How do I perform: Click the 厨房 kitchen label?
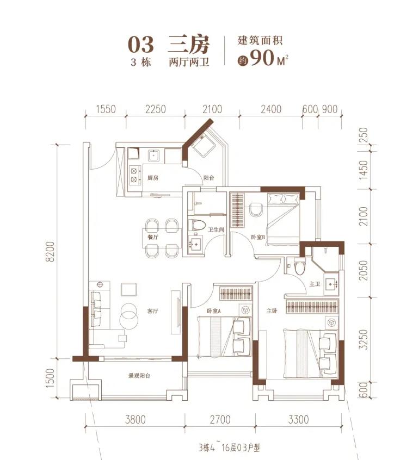[x=153, y=178]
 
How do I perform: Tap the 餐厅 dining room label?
[x=153, y=237]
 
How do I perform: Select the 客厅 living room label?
[x=153, y=311]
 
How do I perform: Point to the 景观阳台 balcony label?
[x=139, y=376]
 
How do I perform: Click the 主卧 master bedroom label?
[x=272, y=310]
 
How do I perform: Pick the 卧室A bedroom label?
[x=214, y=311]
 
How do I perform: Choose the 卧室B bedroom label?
[x=258, y=237]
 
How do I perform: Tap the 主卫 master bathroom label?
[x=315, y=284]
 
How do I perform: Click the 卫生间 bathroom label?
[x=216, y=229]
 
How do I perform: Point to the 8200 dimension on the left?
[x=50, y=251]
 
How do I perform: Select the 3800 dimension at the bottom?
[x=136, y=420]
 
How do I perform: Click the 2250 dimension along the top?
[x=156, y=109]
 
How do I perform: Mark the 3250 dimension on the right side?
[x=364, y=339]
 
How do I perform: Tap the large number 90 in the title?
[x=262, y=58]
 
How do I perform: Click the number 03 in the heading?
[x=141, y=45]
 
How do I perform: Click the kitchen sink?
[x=154, y=156]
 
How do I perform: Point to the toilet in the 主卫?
[x=300, y=266]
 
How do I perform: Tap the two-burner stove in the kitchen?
[x=134, y=175]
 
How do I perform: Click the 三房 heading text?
[x=188, y=45]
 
